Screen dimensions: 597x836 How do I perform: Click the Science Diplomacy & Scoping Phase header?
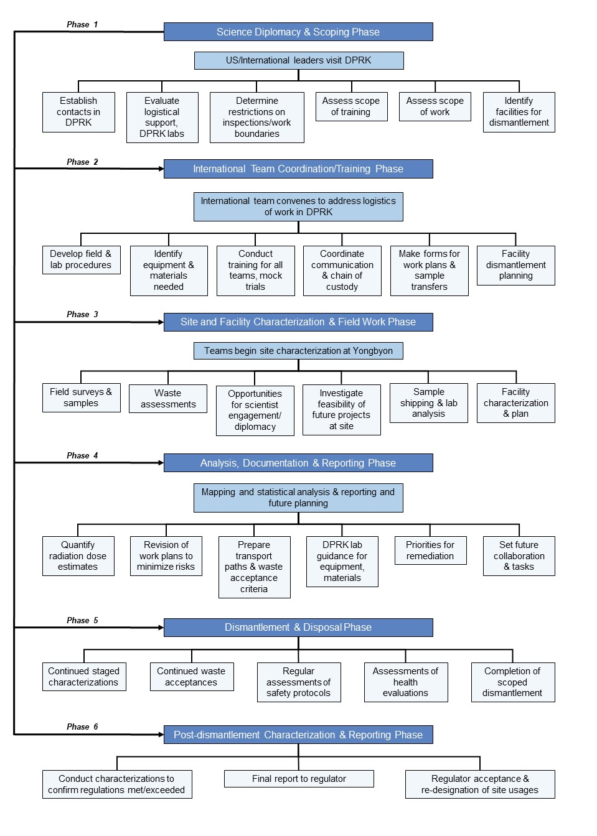click(x=298, y=32)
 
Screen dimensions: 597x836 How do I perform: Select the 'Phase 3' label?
click(x=82, y=314)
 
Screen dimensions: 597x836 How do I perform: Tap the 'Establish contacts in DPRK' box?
click(x=78, y=112)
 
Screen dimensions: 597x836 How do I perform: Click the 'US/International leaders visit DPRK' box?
click(x=299, y=60)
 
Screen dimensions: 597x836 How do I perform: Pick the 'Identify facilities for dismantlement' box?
click(x=519, y=112)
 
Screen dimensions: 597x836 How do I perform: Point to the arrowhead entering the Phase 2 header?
click(x=161, y=169)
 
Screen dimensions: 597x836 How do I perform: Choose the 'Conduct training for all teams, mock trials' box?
click(x=255, y=271)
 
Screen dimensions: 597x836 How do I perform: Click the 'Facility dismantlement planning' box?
click(x=515, y=266)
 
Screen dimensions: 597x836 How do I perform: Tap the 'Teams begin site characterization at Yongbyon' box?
click(x=298, y=351)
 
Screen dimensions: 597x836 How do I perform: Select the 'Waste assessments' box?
click(x=167, y=399)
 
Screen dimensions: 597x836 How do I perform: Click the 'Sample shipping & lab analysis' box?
click(x=428, y=402)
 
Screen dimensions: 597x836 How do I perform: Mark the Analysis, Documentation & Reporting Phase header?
click(x=298, y=463)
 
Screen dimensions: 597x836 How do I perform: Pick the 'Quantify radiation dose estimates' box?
click(x=78, y=555)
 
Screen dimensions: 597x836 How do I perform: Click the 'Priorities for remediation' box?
click(x=430, y=550)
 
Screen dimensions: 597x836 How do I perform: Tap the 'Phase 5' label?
click(x=82, y=620)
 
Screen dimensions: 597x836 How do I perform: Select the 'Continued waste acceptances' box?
click(x=192, y=677)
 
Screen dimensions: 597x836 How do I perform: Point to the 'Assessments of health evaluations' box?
click(x=406, y=682)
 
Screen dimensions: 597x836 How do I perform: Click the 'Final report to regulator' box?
click(x=299, y=779)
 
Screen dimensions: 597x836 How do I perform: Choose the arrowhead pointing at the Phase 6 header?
click(x=161, y=735)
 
